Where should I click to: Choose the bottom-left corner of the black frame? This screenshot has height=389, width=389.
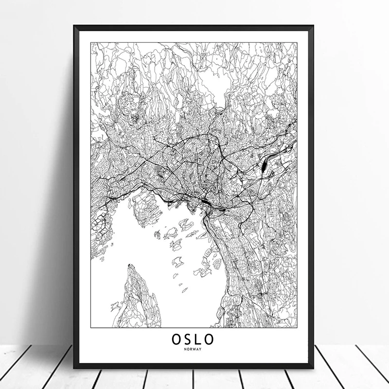[x=75, y=367]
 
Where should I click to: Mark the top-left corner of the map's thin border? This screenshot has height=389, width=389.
[x=91, y=42]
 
